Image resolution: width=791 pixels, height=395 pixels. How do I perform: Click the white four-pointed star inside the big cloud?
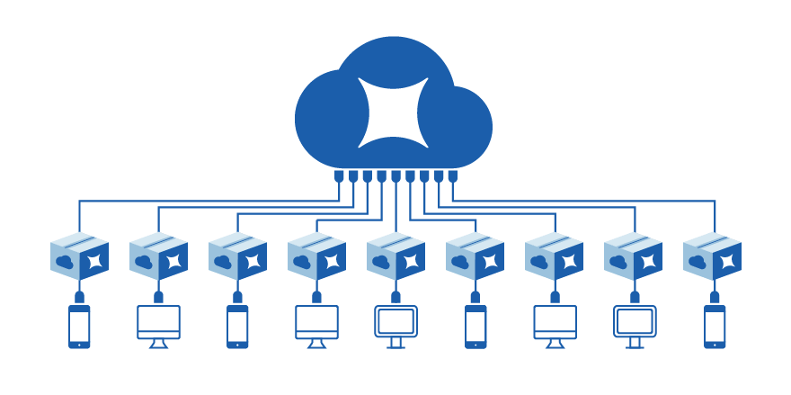pos(394,112)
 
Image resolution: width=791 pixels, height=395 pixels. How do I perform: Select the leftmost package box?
pos(79,256)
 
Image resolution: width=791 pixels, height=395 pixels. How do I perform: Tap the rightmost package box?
pos(712,256)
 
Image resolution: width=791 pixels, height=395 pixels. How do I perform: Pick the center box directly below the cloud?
pos(395,256)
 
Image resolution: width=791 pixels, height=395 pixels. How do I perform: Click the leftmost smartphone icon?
pos(79,326)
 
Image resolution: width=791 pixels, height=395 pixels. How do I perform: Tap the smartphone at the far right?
pos(714,326)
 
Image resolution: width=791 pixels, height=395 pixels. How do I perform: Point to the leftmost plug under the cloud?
pos(339,176)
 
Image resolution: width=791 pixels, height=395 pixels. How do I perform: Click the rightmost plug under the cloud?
pos(453,176)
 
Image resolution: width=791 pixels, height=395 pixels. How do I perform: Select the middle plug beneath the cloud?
pos(395,176)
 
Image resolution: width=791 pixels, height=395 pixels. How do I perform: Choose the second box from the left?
pos(158,256)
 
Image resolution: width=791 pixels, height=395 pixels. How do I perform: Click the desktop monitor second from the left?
pos(158,324)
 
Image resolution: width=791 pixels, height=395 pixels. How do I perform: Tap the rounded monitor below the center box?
pos(395,324)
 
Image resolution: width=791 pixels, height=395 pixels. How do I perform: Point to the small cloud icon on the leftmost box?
pos(65,261)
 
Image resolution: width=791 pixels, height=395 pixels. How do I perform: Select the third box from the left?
pos(237,256)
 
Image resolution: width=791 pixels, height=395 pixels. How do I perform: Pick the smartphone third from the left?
pos(475,326)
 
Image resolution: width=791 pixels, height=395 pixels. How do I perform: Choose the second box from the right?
pos(633,256)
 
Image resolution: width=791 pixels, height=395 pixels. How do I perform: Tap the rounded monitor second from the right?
pos(635,324)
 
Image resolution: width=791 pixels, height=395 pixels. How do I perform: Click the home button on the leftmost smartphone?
pos(79,343)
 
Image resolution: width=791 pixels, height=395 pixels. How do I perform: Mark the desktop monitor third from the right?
pos(555,324)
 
